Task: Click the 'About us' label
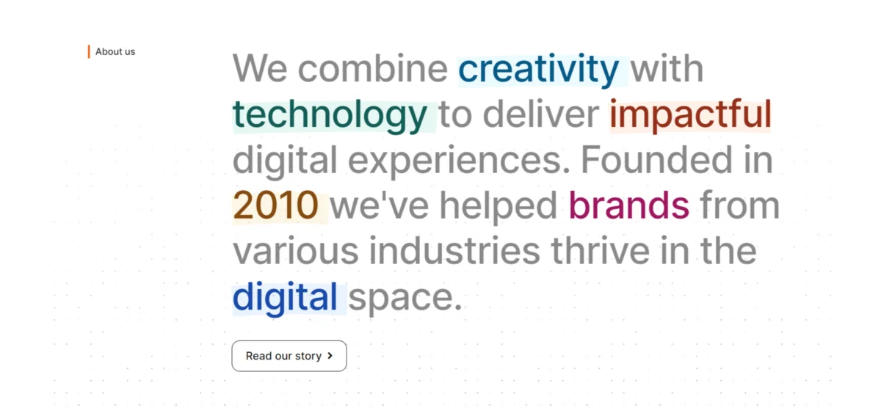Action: (x=115, y=51)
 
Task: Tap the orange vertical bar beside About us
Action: (x=89, y=51)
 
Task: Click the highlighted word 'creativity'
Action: (x=539, y=70)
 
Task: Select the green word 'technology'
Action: (x=330, y=116)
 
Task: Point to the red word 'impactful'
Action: (x=690, y=114)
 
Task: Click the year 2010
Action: (x=275, y=205)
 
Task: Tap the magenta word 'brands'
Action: (x=629, y=205)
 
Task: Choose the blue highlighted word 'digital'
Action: (x=285, y=297)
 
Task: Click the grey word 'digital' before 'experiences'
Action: (x=285, y=161)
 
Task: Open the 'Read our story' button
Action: (x=289, y=356)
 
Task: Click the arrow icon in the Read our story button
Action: (x=330, y=355)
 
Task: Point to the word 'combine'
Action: (x=373, y=68)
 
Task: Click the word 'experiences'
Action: (x=459, y=161)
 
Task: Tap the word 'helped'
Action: (x=498, y=206)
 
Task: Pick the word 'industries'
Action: (x=454, y=250)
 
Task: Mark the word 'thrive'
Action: (x=601, y=250)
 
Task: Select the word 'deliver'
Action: (x=541, y=114)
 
